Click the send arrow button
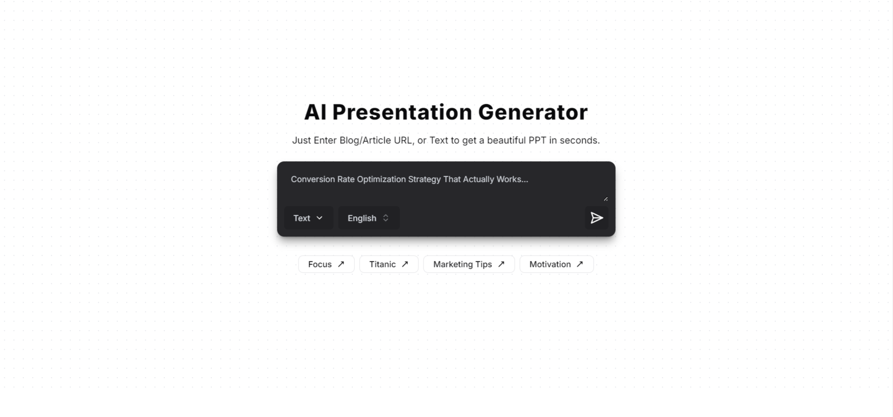click(596, 218)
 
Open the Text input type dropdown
click(308, 218)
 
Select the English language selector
click(368, 218)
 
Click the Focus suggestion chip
click(326, 264)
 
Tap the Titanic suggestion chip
click(389, 264)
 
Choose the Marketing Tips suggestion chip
click(469, 264)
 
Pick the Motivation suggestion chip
click(556, 264)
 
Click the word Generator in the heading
click(533, 112)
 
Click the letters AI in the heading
click(315, 112)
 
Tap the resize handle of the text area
click(605, 199)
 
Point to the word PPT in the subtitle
click(537, 140)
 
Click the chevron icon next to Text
click(320, 218)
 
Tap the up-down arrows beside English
click(385, 218)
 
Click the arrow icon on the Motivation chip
click(580, 264)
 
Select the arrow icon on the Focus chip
click(341, 264)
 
